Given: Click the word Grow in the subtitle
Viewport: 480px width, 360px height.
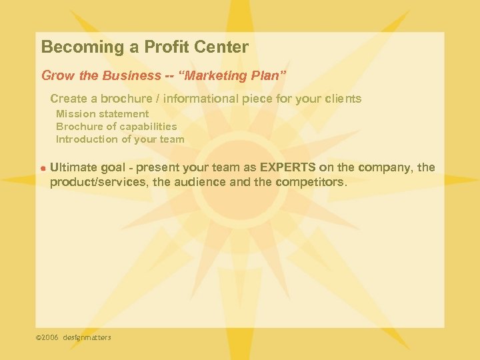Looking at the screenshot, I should pyautogui.click(x=56, y=76).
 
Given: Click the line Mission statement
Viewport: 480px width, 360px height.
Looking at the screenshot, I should pyautogui.click(x=102, y=114).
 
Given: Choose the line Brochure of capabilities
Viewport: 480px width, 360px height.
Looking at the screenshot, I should pyautogui.click(x=116, y=127).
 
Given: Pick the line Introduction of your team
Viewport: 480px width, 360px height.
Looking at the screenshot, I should pyautogui.click(x=120, y=139).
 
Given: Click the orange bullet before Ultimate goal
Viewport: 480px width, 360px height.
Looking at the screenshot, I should pyautogui.click(x=42, y=168).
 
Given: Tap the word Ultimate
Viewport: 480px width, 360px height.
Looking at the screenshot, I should pyautogui.click(x=74, y=167).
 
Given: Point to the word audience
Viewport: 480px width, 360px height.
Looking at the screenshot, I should pyautogui.click(x=199, y=181).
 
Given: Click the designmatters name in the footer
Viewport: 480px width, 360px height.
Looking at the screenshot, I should pyautogui.click(x=87, y=338).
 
